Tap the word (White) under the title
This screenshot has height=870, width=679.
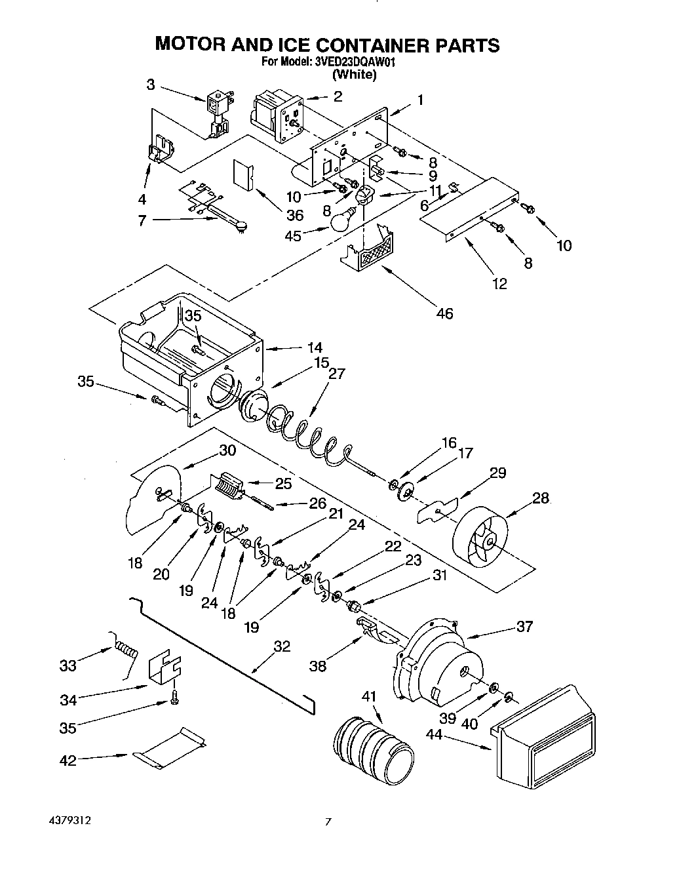(355, 75)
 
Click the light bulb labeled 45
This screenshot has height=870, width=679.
(341, 221)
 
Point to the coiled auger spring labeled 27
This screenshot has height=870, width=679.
(308, 435)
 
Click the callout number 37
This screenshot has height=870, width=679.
(524, 626)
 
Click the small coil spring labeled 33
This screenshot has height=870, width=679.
(127, 651)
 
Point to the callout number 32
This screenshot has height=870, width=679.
(282, 646)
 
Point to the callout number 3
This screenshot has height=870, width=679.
(151, 84)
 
